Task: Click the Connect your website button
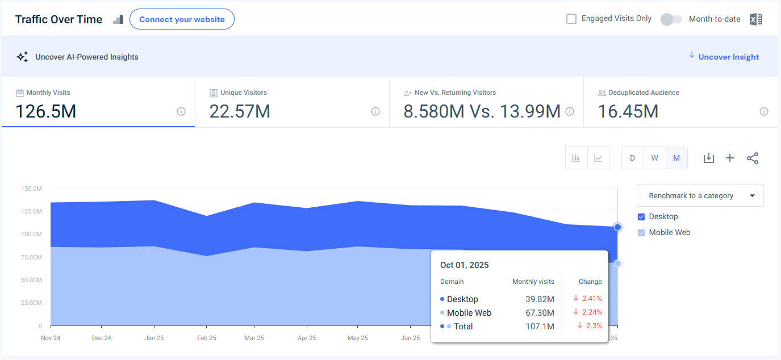pyautogui.click(x=182, y=19)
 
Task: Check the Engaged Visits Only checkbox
pyautogui.click(x=571, y=19)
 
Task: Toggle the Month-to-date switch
pyautogui.click(x=671, y=19)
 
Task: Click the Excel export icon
pyautogui.click(x=755, y=19)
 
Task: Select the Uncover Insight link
pyautogui.click(x=728, y=57)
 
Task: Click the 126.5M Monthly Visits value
pyautogui.click(x=45, y=111)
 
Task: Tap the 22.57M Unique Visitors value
pyautogui.click(x=240, y=111)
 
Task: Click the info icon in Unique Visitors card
pyautogui.click(x=375, y=111)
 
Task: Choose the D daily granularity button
pyautogui.click(x=632, y=158)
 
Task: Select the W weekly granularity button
pyautogui.click(x=654, y=158)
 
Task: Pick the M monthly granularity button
pyautogui.click(x=676, y=158)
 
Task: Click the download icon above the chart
pyautogui.click(x=708, y=158)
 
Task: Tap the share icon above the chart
pyautogui.click(x=753, y=158)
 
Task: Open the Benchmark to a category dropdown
pyautogui.click(x=700, y=195)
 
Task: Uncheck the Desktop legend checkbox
pyautogui.click(x=641, y=216)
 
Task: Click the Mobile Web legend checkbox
pyautogui.click(x=641, y=232)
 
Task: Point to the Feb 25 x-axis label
pyautogui.click(x=206, y=338)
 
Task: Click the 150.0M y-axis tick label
pyautogui.click(x=31, y=188)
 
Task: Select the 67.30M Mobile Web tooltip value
pyautogui.click(x=540, y=313)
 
